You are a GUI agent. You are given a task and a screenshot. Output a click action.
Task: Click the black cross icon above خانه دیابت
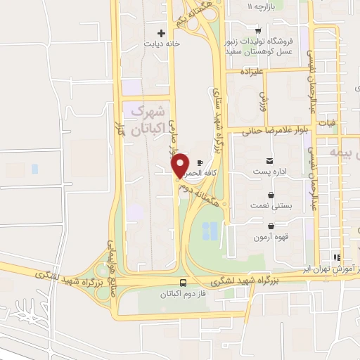(x=162, y=32)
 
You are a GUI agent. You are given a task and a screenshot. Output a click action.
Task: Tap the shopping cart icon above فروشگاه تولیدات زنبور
(x=258, y=30)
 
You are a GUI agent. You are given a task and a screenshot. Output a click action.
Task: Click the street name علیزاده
(x=251, y=72)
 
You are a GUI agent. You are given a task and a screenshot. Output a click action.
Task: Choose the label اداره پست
(x=270, y=171)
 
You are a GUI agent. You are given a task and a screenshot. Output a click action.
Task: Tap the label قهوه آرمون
(x=271, y=237)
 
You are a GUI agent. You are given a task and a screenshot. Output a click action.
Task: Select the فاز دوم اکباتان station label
(x=183, y=293)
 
